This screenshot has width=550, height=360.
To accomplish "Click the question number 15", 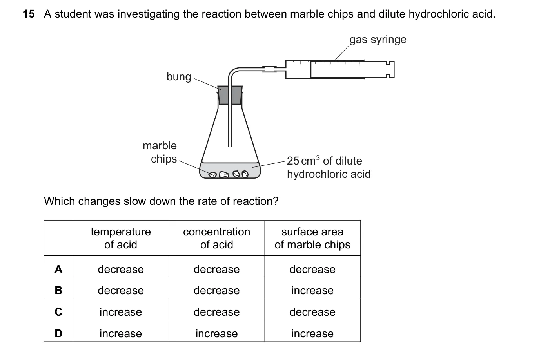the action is point(29,14).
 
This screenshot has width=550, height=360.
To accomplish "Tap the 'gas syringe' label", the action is point(378,40).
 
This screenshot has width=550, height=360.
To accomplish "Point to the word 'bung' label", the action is point(179,76).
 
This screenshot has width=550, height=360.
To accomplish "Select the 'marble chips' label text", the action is point(160,152).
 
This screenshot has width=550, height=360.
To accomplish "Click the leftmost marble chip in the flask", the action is point(212,174).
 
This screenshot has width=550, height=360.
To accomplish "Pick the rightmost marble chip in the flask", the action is point(245,174).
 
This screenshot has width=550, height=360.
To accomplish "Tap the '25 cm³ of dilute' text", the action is point(324,161).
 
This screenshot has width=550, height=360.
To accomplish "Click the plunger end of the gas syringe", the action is point(390,69).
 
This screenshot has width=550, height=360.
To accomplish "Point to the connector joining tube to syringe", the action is point(269,69).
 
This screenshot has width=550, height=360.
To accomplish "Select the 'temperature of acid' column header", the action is point(121,238).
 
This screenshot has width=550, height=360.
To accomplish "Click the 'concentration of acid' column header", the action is point(216,238).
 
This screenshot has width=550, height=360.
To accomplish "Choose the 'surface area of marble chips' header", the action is point(312,238).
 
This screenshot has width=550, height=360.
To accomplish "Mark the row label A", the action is point(58,269).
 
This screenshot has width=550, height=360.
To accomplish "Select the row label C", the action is point(58,312).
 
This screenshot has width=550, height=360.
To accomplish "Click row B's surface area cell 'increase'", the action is point(312,291).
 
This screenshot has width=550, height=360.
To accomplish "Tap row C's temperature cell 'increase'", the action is point(121,312).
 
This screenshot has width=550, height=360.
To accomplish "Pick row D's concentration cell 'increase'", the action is point(216,333).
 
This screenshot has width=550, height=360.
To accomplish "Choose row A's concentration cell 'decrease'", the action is point(216,270).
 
